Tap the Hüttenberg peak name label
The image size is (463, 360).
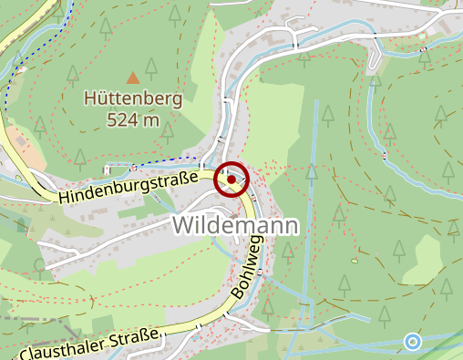tap(133, 98)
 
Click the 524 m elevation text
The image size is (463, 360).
tap(133, 118)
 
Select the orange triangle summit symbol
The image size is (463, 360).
tap(133, 77)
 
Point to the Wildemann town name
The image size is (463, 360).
tap(236, 225)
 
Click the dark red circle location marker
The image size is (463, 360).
tap(231, 180)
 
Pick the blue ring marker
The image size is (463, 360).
tap(413, 342)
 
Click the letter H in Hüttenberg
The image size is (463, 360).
tap(88, 98)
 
